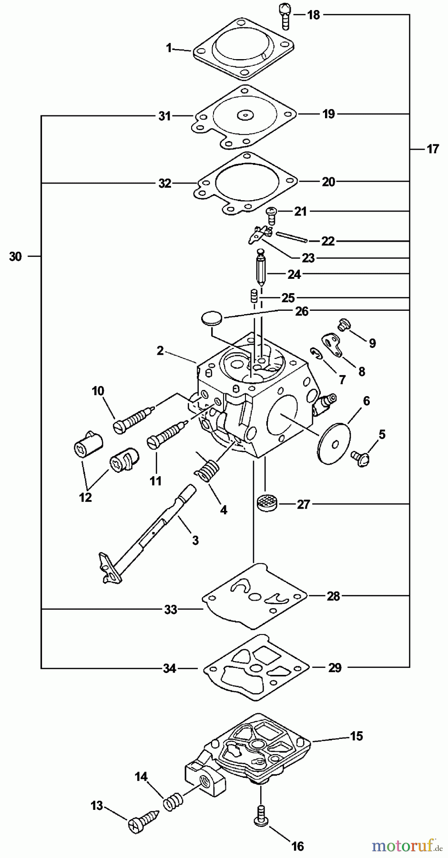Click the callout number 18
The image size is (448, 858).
[313, 15]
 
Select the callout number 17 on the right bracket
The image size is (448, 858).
[432, 149]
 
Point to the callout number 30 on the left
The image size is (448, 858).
[15, 256]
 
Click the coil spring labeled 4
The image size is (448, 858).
[205, 468]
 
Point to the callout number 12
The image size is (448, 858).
[85, 497]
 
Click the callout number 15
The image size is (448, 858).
[356, 736]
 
